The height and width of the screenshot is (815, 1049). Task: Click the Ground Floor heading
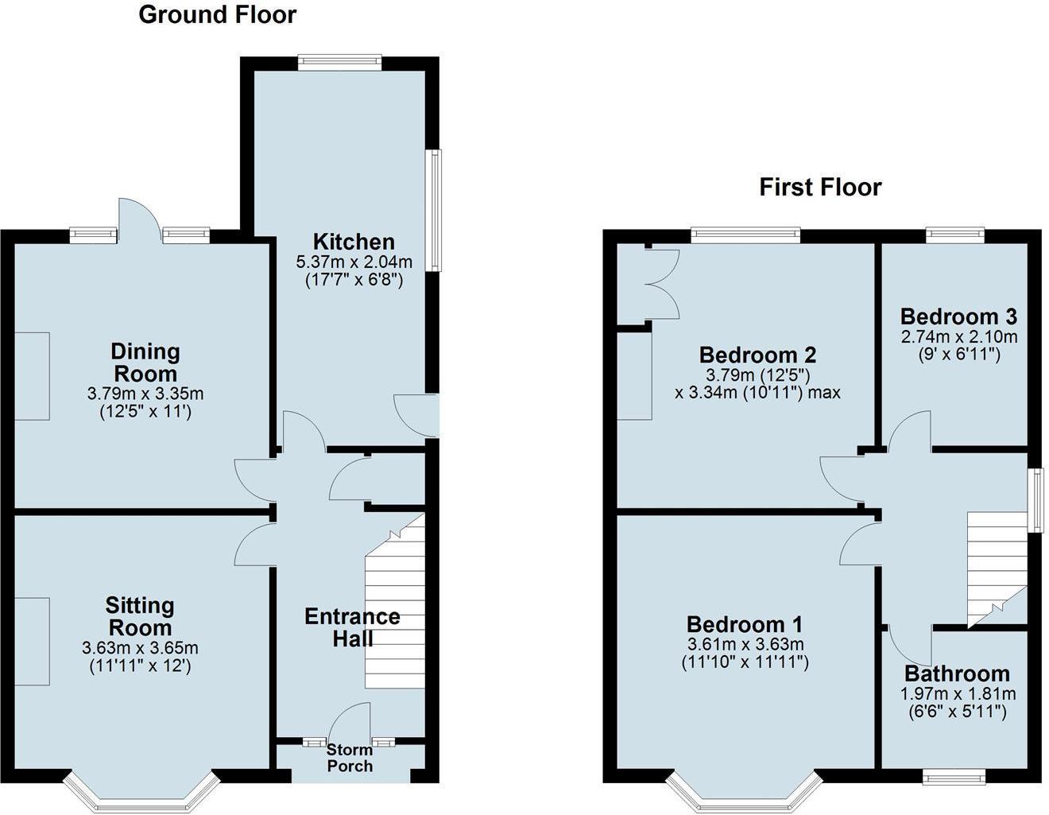[x=217, y=14]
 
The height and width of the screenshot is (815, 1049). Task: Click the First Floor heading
[x=820, y=188]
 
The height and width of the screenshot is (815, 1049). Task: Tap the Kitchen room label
[x=354, y=242]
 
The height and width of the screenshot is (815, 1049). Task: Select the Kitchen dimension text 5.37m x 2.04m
[x=354, y=262]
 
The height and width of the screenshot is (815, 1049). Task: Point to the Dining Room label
[x=145, y=363]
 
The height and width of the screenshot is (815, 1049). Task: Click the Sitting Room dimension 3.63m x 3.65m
[x=140, y=648]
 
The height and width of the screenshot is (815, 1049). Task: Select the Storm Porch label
[x=350, y=758]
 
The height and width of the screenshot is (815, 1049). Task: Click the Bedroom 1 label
[x=745, y=624]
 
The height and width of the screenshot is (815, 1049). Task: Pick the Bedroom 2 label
[x=757, y=355]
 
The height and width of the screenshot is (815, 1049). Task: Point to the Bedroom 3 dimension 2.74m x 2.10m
[x=958, y=336]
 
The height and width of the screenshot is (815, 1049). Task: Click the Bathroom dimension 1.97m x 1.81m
[x=958, y=693]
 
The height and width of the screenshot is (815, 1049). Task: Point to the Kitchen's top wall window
[x=340, y=63]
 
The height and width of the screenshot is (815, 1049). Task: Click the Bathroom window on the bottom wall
[x=954, y=776]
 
